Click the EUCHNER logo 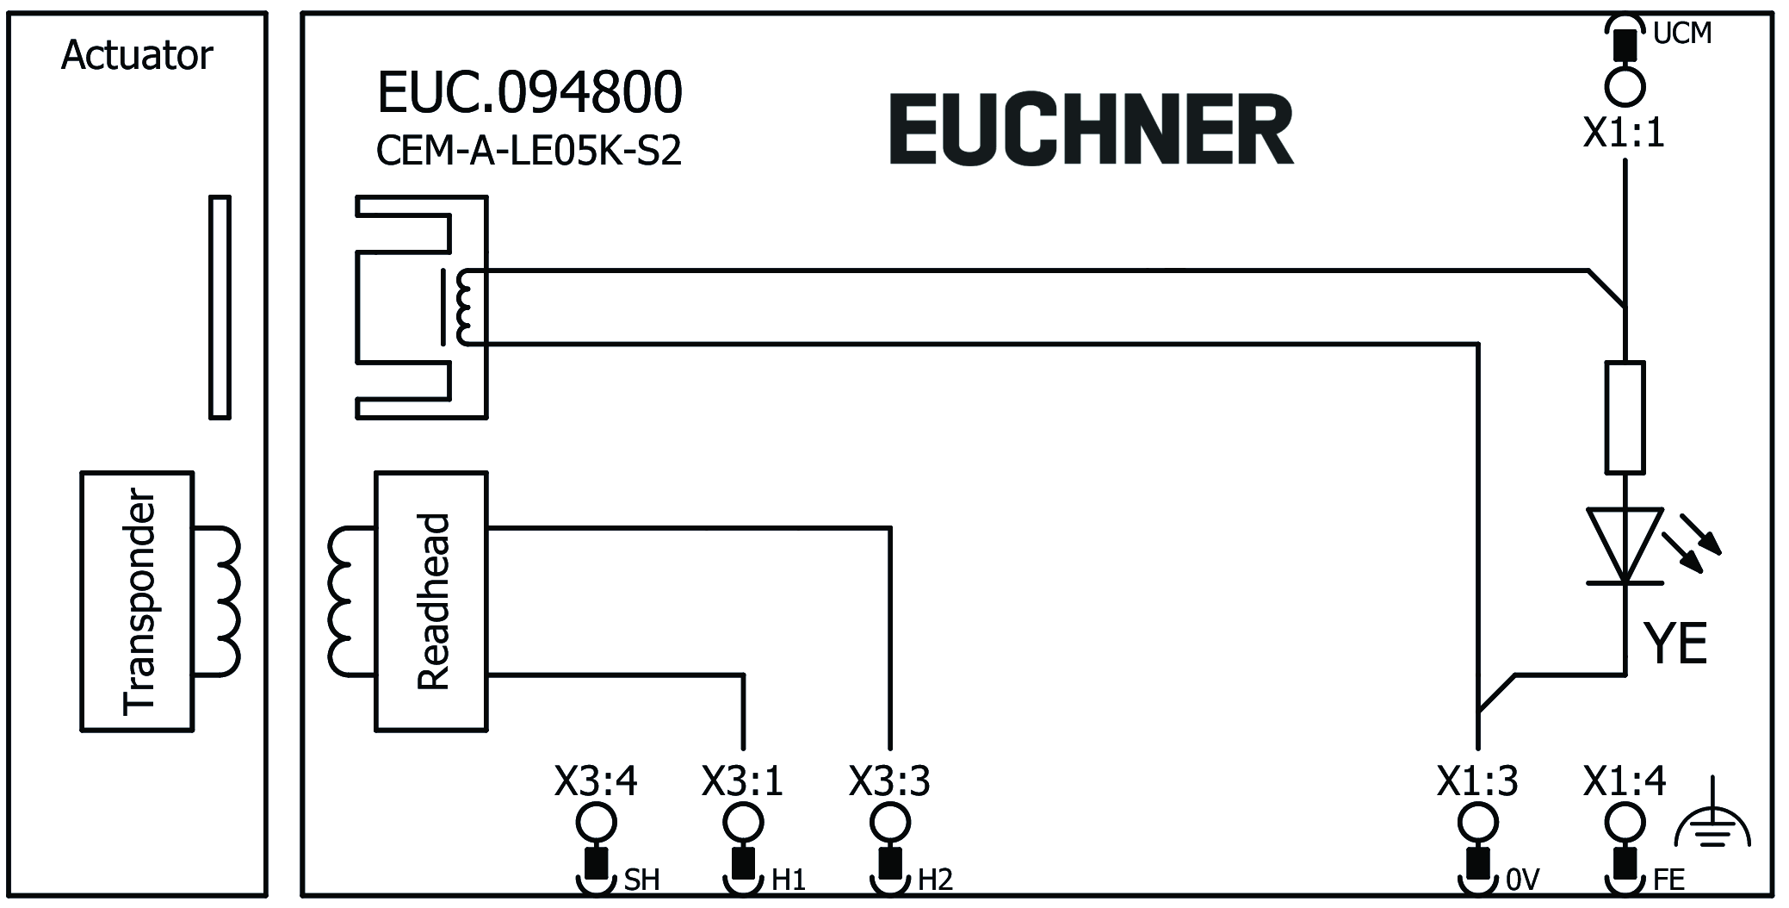point(1091,129)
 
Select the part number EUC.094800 point(529,92)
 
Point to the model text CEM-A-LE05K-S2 point(529,151)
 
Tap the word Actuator point(137,56)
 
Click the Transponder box point(137,600)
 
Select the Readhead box point(431,600)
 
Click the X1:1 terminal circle point(1625,87)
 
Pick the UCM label point(1681,34)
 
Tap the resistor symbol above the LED point(1625,417)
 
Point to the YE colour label point(1675,643)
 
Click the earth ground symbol point(1713,824)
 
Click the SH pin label point(641,880)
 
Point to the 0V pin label point(1522,880)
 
